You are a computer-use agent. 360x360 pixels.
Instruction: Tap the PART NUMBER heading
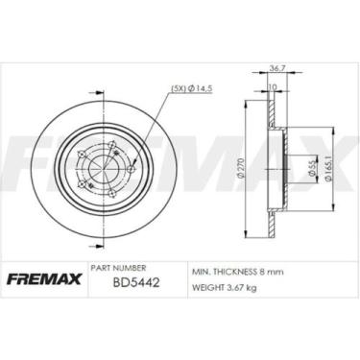click(117, 269)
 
